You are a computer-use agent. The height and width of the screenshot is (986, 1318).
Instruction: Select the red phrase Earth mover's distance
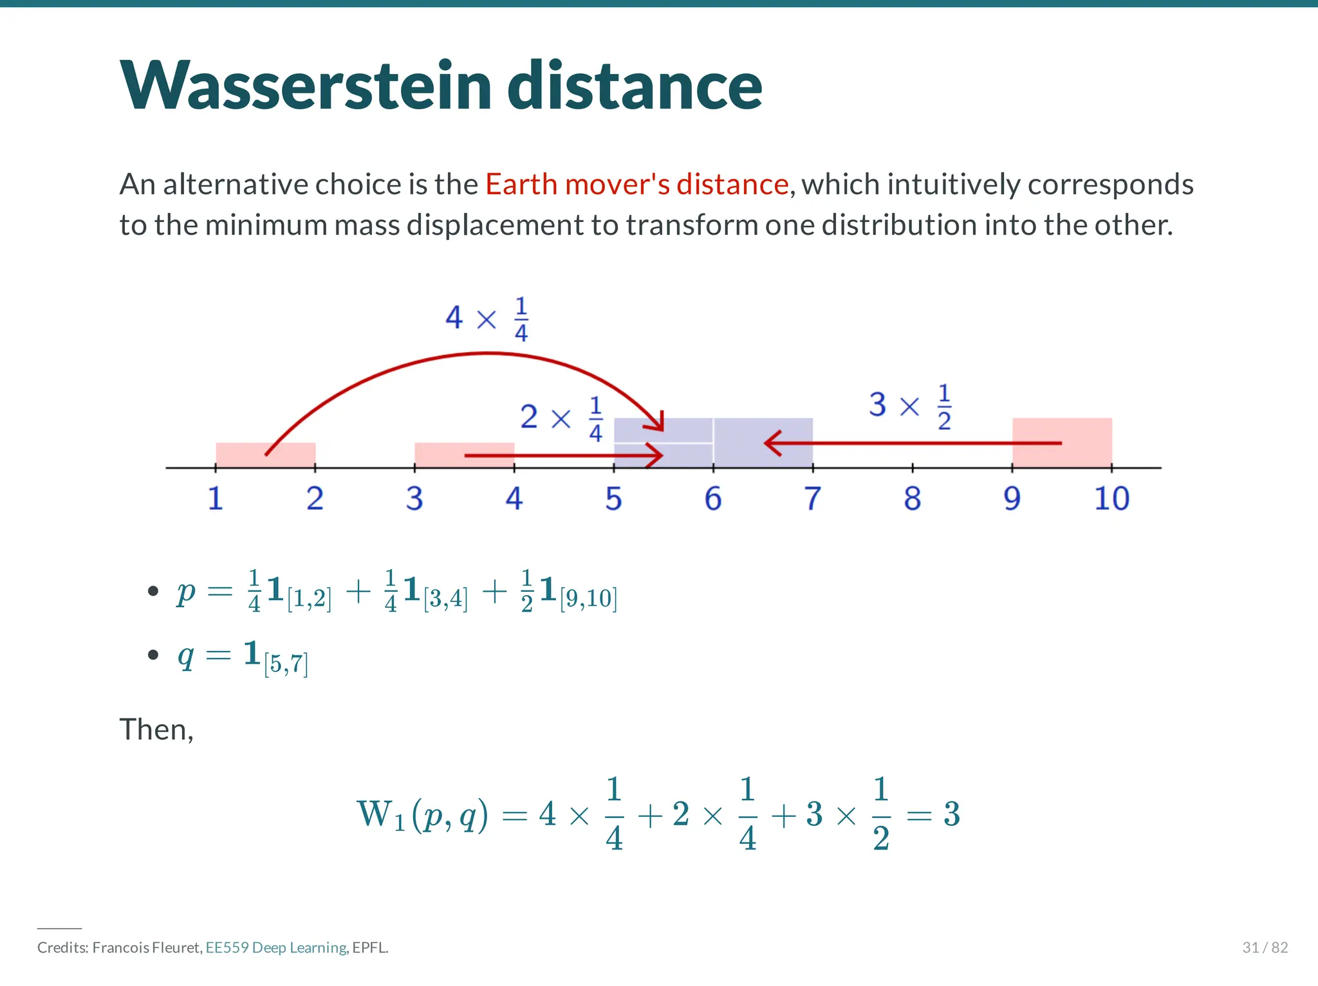(x=636, y=185)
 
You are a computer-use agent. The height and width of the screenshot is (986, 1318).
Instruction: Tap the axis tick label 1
(x=215, y=498)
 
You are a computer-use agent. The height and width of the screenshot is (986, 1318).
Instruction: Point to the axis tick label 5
(x=613, y=498)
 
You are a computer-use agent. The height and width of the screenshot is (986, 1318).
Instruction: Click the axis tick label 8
(x=912, y=498)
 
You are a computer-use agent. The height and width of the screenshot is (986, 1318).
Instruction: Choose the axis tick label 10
(x=1111, y=498)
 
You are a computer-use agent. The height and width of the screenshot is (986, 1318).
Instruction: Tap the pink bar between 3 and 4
(x=438, y=450)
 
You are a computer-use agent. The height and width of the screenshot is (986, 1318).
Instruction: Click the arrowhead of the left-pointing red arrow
(x=771, y=443)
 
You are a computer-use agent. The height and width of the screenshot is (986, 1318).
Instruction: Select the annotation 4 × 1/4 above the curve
(x=487, y=318)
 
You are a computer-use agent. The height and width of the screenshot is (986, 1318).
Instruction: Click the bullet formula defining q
(x=243, y=656)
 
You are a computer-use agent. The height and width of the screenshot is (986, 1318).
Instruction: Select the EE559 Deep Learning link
(x=277, y=947)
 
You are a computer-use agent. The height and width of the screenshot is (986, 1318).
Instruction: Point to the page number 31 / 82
(x=1265, y=947)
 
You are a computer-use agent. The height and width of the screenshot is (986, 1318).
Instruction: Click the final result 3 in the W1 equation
(x=952, y=814)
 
